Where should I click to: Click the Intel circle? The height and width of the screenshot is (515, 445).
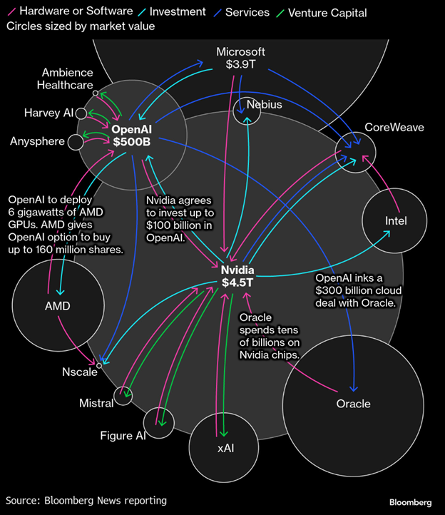395,220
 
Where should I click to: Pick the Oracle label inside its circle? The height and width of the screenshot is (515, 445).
353,404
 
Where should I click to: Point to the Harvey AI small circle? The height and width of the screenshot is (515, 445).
81,113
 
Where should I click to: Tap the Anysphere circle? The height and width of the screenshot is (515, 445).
76,142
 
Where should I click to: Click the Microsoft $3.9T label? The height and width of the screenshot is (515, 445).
240,58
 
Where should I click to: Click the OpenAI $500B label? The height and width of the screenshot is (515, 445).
132,136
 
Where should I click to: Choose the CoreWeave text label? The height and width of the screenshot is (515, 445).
394,127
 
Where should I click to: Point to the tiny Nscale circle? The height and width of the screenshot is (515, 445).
99,364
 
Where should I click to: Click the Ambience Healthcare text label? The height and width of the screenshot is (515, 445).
67,79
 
